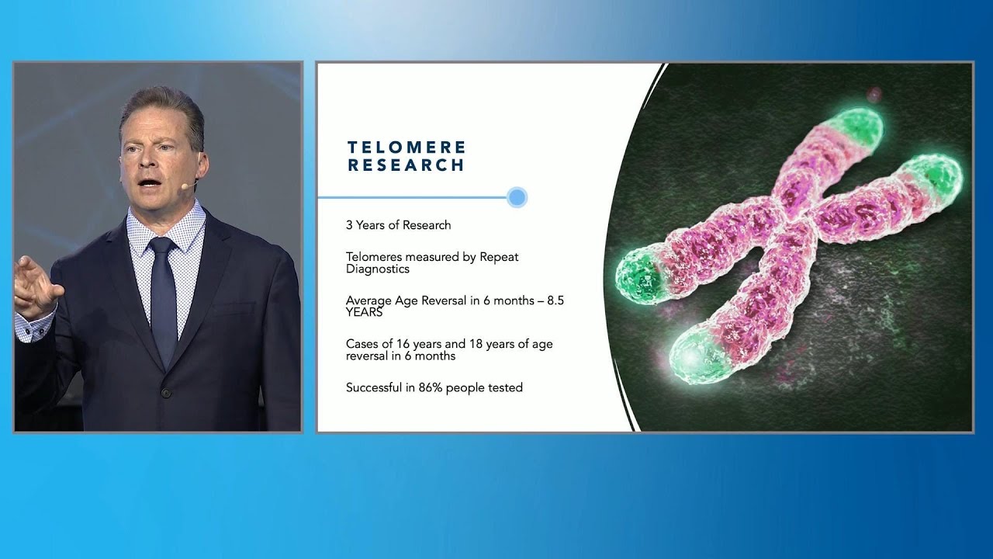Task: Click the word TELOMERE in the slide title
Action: click(407, 147)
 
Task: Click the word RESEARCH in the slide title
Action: click(406, 165)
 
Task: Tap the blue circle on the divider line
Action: click(517, 197)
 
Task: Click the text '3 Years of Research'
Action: click(398, 225)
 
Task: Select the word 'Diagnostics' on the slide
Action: click(378, 269)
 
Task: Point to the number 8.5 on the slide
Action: click(555, 300)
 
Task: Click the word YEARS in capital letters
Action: click(365, 312)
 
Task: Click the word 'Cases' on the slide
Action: click(362, 344)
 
